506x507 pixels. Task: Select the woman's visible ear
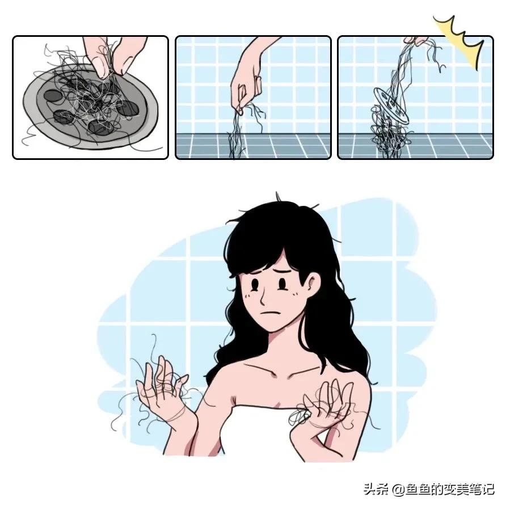pyautogui.click(x=313, y=282)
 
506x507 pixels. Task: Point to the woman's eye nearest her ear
pyautogui.click(x=282, y=282)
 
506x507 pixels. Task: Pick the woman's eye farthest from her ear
pyautogui.click(x=256, y=282)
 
